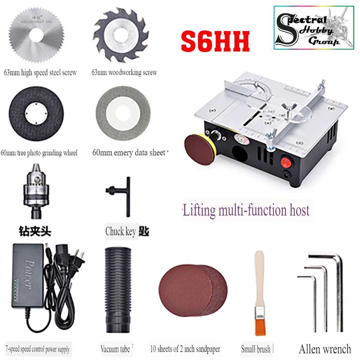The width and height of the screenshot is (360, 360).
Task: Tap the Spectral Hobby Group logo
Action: tap(314, 27)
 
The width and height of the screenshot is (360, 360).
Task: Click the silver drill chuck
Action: tap(34, 190)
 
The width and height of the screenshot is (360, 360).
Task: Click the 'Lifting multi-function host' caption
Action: tap(246, 211)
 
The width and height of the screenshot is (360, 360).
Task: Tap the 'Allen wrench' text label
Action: tap(324, 349)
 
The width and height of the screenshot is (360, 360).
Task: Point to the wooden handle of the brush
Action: tap(259, 278)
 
